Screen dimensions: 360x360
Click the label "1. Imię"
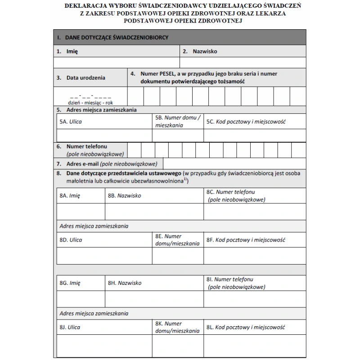pos(67,51)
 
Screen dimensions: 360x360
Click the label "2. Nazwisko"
pos(200,51)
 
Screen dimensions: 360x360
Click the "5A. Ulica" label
pos(71,121)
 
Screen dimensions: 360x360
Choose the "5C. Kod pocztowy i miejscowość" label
pos(247,121)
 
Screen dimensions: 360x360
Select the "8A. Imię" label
pos(70,196)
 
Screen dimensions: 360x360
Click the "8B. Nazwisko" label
pos(125,196)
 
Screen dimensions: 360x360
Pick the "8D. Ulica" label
pos(71,240)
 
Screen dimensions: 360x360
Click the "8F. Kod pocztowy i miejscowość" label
pos(246,240)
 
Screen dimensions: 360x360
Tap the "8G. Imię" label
pos(70,283)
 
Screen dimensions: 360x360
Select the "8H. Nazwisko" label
pos(125,283)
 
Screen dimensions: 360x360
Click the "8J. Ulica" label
pos(70,327)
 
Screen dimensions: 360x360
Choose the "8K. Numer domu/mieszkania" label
pos(177,327)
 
